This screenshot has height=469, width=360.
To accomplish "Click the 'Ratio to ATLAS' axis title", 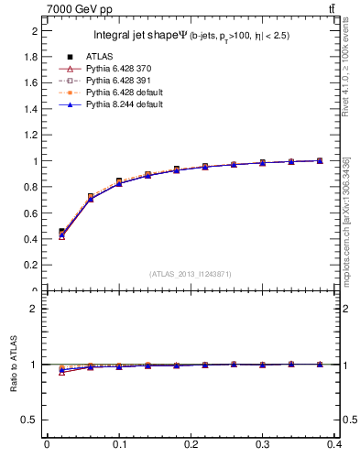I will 13,364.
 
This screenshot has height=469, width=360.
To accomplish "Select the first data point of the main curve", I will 61,233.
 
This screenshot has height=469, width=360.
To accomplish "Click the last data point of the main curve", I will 320,160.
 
